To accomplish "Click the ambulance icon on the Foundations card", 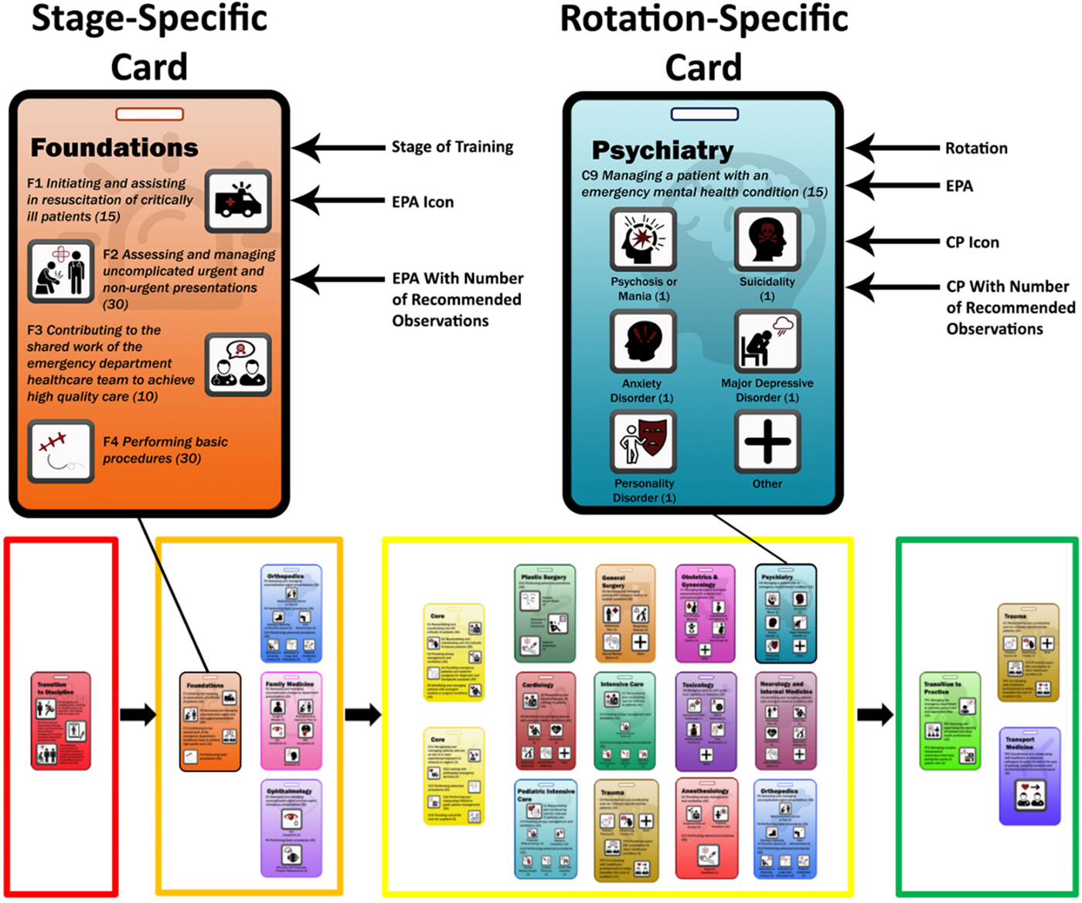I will [238, 201].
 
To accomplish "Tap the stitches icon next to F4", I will [60, 451].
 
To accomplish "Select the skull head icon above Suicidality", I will [767, 239].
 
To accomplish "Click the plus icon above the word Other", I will [767, 442].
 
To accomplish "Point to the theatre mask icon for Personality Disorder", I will [643, 442].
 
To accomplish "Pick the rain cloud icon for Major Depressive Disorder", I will [767, 341].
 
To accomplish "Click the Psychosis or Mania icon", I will [643, 239].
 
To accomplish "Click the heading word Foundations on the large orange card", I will [114, 148].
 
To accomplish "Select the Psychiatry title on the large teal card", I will [662, 150].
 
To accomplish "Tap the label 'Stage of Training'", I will [452, 147].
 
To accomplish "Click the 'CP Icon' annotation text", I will [972, 243].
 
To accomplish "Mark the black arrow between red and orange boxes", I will [138, 715].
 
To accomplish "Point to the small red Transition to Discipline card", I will [61, 721].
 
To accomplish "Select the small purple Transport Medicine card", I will [1028, 776].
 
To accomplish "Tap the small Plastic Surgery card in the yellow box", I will [545, 613].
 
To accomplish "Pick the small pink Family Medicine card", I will [291, 721].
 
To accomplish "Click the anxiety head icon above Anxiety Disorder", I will [643, 341].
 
